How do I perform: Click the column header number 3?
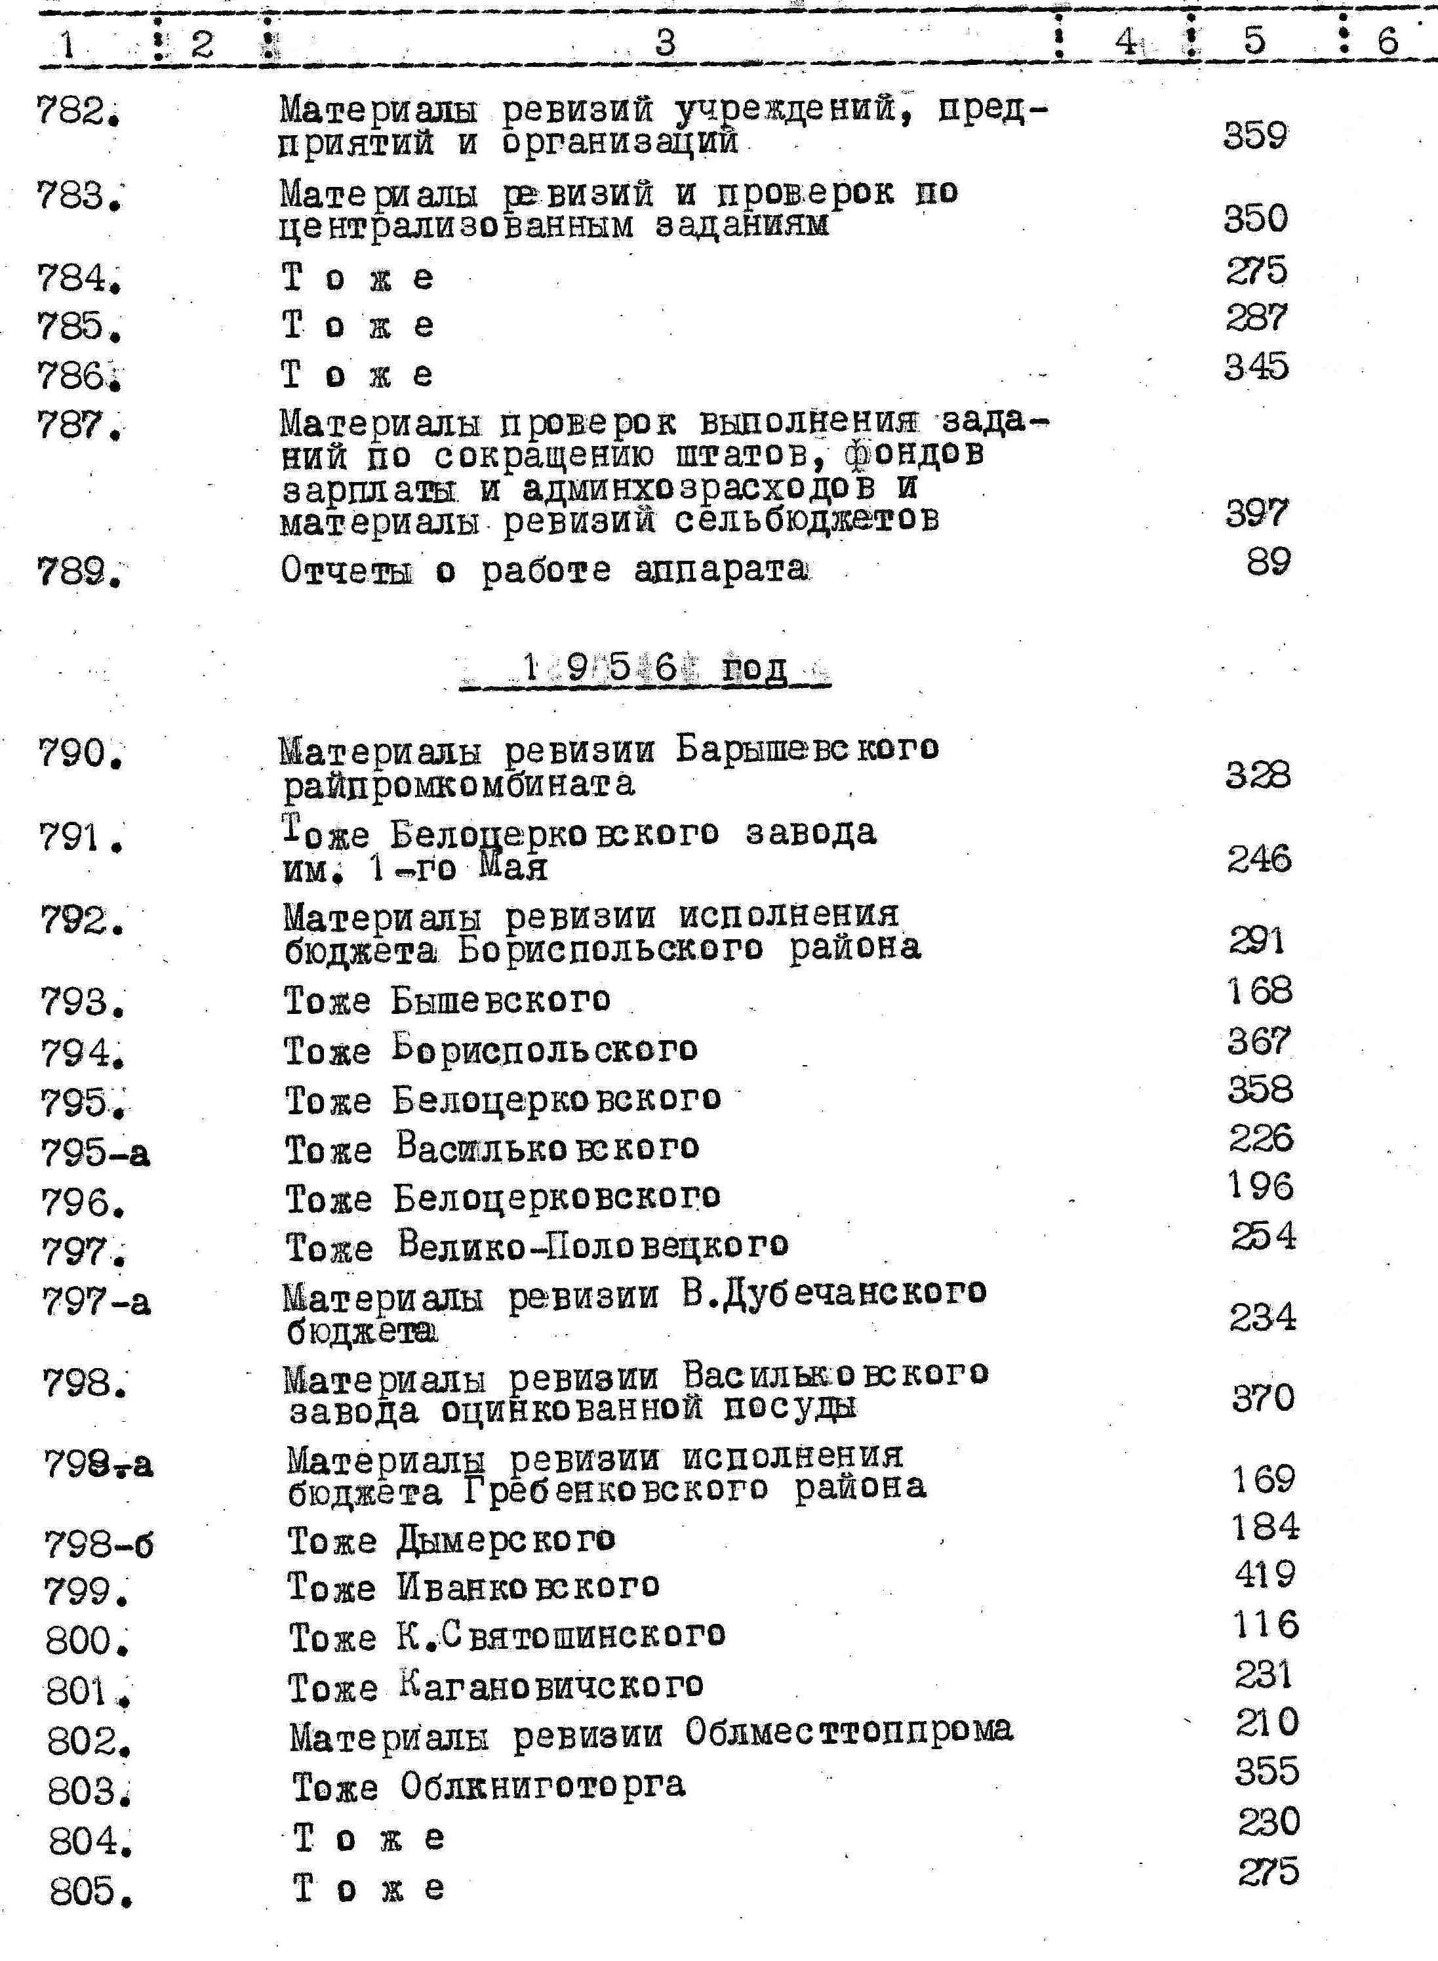tap(664, 41)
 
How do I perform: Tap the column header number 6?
tap(1387, 41)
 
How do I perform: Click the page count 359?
tap(1254, 136)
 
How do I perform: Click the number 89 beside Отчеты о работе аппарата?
tap(1268, 561)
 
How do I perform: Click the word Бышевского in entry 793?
tap(500, 1000)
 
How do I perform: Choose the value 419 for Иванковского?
tap(1265, 1573)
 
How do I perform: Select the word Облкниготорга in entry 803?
tap(542, 1785)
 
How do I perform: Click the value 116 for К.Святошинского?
tap(1265, 1624)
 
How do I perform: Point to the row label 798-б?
tap(98, 1545)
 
